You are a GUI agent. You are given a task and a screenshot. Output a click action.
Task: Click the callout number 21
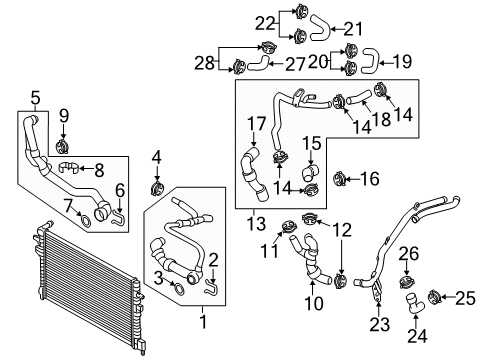click(353, 29)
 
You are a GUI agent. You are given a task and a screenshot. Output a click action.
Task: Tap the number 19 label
click(402, 62)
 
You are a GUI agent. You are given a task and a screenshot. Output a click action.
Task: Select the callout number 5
click(35, 98)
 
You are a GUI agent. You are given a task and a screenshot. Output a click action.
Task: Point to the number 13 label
click(256, 223)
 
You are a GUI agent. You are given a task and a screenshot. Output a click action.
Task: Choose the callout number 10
click(314, 303)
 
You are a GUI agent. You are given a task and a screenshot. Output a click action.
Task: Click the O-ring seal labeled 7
click(86, 220)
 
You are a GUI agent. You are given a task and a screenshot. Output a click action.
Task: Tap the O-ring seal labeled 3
click(179, 289)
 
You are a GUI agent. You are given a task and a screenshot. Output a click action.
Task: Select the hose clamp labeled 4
click(157, 189)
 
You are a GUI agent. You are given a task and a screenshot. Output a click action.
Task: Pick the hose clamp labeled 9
click(62, 147)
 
